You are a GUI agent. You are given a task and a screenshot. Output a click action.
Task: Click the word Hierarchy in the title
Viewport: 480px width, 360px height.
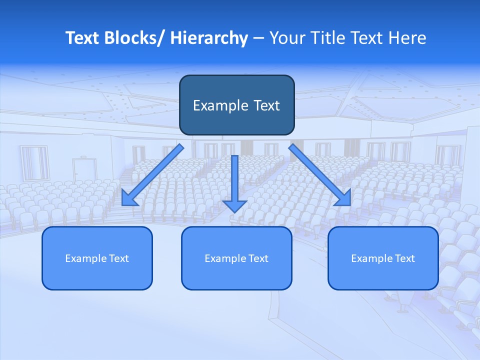pyautogui.click(x=209, y=38)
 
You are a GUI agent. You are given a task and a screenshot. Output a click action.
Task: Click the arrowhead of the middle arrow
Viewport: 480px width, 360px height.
pyautogui.click(x=234, y=205)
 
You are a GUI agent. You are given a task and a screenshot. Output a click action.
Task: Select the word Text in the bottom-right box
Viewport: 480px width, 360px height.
pyautogui.click(x=405, y=258)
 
